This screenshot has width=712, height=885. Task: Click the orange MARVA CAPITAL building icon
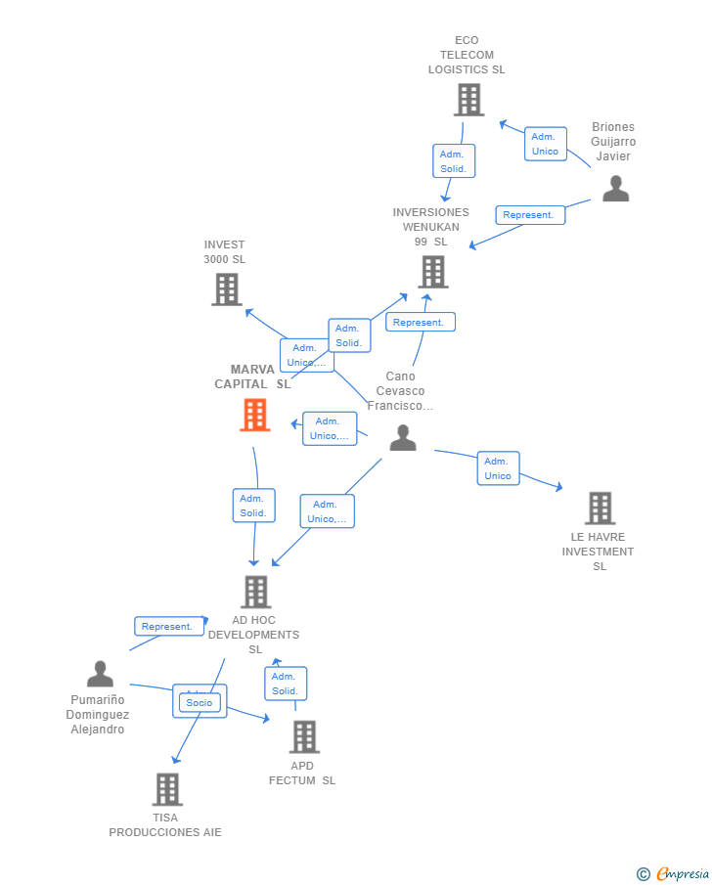click(x=254, y=415)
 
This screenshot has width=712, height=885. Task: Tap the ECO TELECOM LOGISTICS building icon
click(x=468, y=100)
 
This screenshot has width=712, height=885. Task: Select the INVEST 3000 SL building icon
click(x=227, y=289)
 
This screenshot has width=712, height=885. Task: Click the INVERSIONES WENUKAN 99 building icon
click(x=432, y=272)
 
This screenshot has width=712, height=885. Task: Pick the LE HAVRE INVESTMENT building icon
click(x=600, y=509)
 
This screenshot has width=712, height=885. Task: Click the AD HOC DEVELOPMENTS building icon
click(x=255, y=592)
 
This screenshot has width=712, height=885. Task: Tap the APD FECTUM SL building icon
click(x=304, y=737)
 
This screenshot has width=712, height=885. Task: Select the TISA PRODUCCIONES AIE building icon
click(x=167, y=789)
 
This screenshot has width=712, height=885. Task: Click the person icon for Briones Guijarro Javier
click(x=615, y=188)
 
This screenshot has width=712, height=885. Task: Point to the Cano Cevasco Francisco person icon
click(x=403, y=438)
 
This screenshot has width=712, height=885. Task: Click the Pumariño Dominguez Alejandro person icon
click(x=100, y=674)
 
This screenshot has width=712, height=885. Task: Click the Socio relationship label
click(x=200, y=702)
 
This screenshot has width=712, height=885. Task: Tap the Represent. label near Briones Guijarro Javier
click(x=530, y=215)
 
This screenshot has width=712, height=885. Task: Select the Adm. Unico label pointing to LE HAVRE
click(x=498, y=468)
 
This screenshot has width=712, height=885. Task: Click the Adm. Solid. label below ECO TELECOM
click(x=453, y=161)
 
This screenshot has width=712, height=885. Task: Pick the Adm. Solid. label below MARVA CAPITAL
click(x=253, y=506)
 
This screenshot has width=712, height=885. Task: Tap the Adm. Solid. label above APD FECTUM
click(x=285, y=684)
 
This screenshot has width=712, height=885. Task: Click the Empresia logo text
click(x=681, y=873)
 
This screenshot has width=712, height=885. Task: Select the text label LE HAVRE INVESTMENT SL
click(x=598, y=552)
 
